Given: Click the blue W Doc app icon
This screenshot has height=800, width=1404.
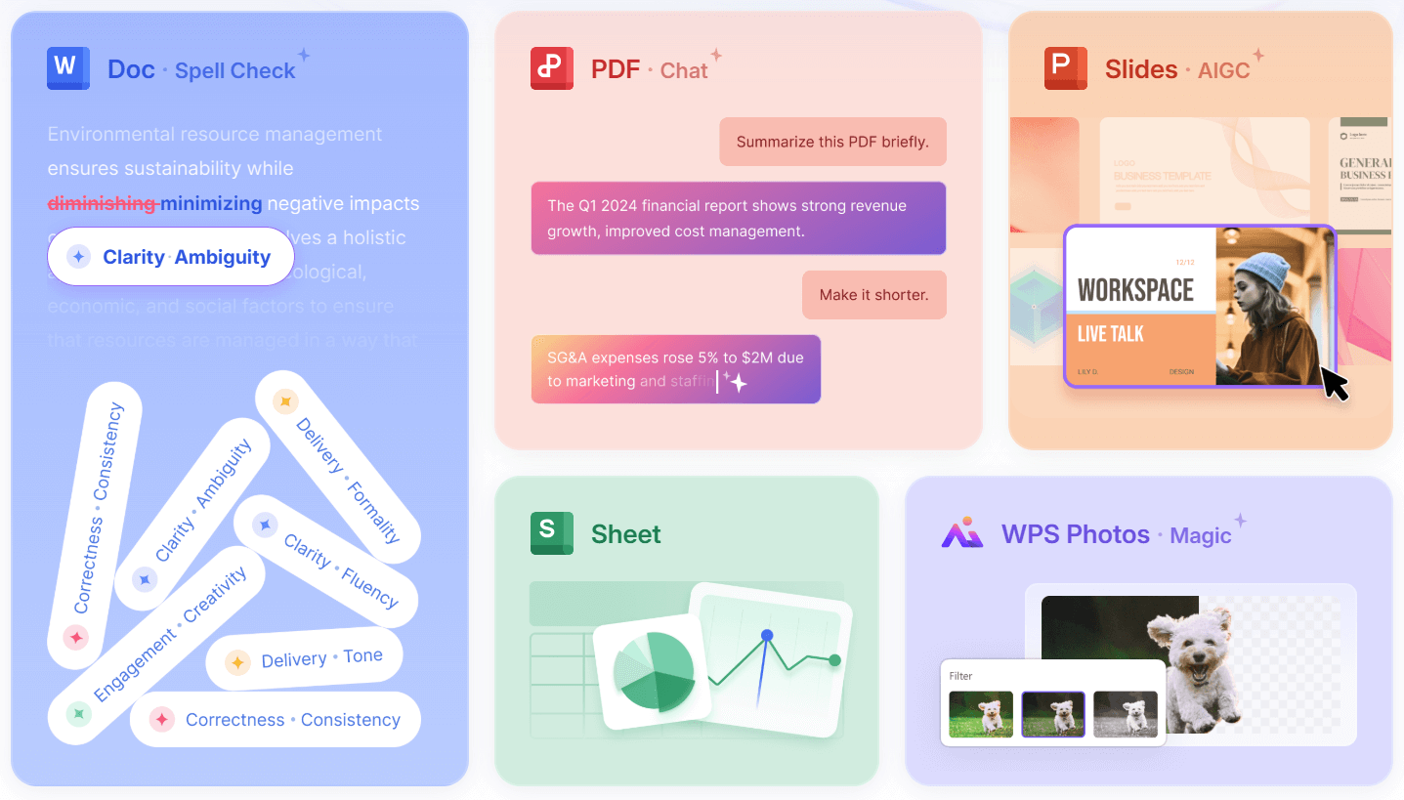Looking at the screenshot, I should tap(67, 68).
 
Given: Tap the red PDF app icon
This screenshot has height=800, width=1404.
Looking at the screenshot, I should tap(551, 68).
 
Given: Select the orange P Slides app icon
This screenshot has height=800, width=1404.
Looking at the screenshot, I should tap(1065, 68).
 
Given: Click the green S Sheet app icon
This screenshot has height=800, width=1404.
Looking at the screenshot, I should tap(551, 533).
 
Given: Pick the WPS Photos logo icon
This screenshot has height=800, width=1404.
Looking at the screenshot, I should tap(961, 533).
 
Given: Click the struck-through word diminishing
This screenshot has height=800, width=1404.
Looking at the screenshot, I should tap(102, 204).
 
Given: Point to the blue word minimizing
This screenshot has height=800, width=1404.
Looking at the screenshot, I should tap(211, 204).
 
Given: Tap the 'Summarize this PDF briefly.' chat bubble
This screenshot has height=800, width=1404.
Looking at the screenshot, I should tap(832, 142).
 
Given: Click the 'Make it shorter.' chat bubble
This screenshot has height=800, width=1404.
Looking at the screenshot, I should tap(873, 294).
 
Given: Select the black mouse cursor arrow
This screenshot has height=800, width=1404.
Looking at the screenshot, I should tap(1334, 383).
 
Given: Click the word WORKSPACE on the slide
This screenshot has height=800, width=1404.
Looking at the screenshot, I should tap(1135, 290).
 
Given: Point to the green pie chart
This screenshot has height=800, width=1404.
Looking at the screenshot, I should tap(653, 671).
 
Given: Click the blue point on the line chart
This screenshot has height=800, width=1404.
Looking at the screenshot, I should tap(767, 635).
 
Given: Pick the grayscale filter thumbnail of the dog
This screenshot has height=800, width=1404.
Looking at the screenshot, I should tap(1125, 713).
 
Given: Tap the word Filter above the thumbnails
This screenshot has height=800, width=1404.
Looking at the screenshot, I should tap(960, 676).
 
